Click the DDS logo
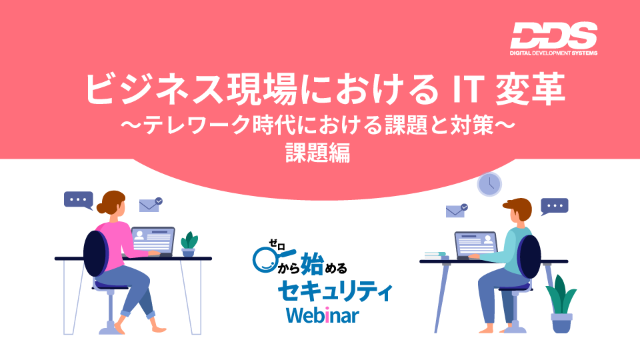pyautogui.click(x=553, y=39)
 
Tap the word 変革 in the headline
pyautogui.click(x=530, y=88)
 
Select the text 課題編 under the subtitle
pyautogui.click(x=317, y=153)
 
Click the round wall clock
pyautogui.click(x=489, y=184)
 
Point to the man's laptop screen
pyautogui.click(x=476, y=244)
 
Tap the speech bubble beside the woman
pyautogui.click(x=79, y=200)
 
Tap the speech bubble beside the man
pyautogui.click(x=554, y=206)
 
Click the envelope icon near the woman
pyautogui.click(x=150, y=205)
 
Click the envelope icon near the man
pyautogui.click(x=456, y=211)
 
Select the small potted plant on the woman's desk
pyautogui.click(x=189, y=244)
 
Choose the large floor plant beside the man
pyautogui.click(x=561, y=304)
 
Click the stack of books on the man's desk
pyautogui.click(x=436, y=255)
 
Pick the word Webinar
pyautogui.click(x=323, y=315)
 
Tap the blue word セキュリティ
pyautogui.click(x=335, y=291)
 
